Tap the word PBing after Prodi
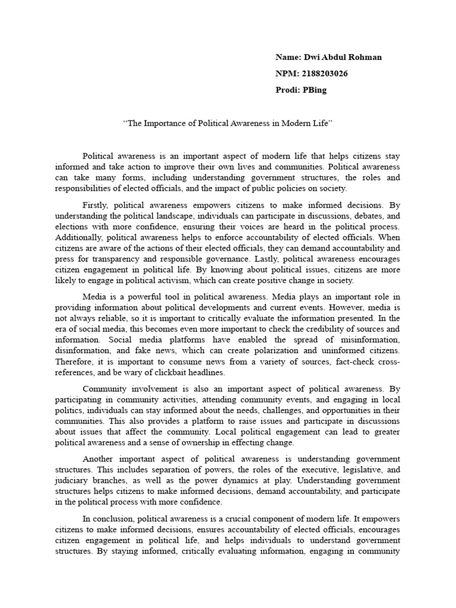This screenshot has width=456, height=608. click(315, 91)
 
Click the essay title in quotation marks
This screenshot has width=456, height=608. click(227, 123)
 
